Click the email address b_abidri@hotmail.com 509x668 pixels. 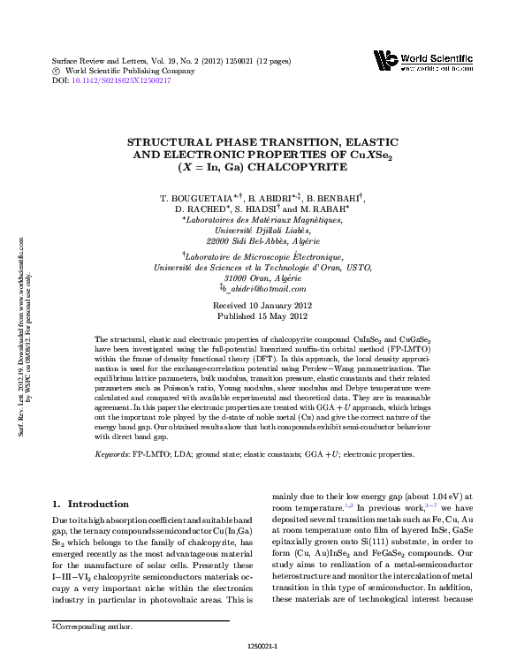pyautogui.click(x=264, y=288)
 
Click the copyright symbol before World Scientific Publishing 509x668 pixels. pyautogui.click(x=57, y=69)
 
